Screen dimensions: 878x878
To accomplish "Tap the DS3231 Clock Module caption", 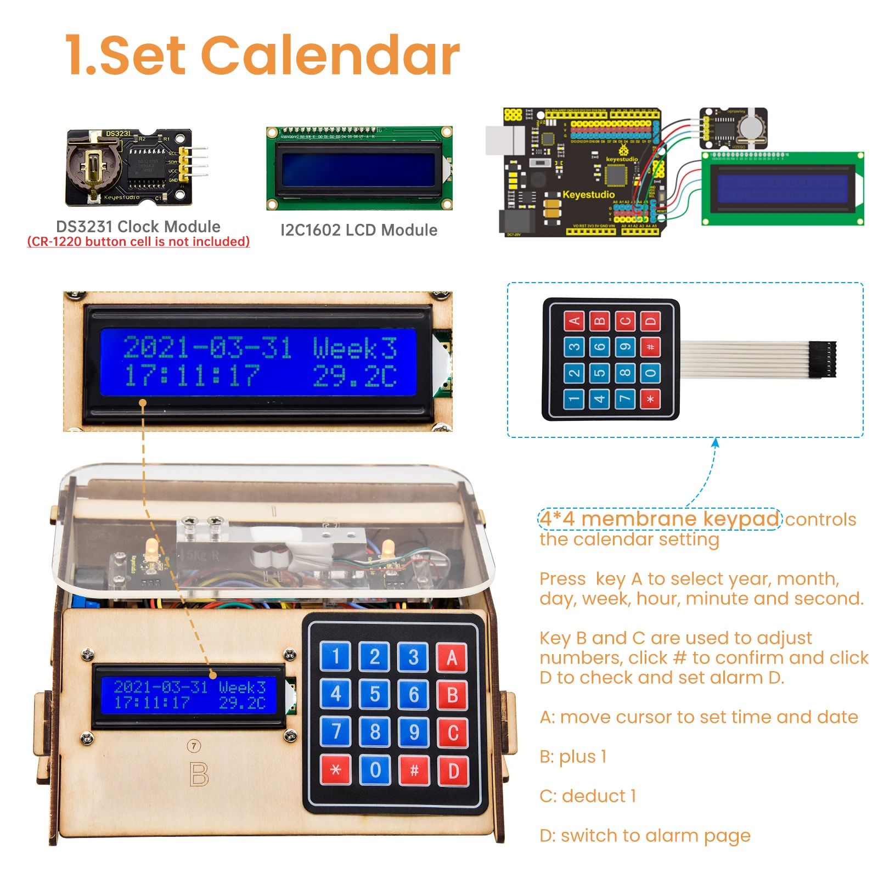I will coord(138,226).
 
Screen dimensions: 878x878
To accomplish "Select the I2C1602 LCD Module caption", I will coord(359,230).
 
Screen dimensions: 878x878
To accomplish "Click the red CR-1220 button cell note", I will coord(138,241).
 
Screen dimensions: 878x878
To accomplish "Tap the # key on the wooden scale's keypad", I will coord(414,770).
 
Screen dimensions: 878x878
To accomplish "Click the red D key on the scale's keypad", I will coord(453,770).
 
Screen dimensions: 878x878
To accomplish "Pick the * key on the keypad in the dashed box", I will coord(651,399).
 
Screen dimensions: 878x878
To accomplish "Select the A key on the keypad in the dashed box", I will coord(574,321).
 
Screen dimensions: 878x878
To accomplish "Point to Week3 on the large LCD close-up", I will coord(354,348).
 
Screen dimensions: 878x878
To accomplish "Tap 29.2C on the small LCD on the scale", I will coord(242,703).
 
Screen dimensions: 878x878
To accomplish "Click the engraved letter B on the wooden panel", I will coord(199,774).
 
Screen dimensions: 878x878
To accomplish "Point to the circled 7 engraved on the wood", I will coord(194,746).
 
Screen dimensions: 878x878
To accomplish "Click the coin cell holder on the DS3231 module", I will coord(93,165).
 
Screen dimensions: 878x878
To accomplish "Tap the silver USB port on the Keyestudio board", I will coord(505,140).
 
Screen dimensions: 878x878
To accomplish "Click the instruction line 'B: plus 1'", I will coord(573,756).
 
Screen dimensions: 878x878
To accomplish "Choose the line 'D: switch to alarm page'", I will coord(645,835).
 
